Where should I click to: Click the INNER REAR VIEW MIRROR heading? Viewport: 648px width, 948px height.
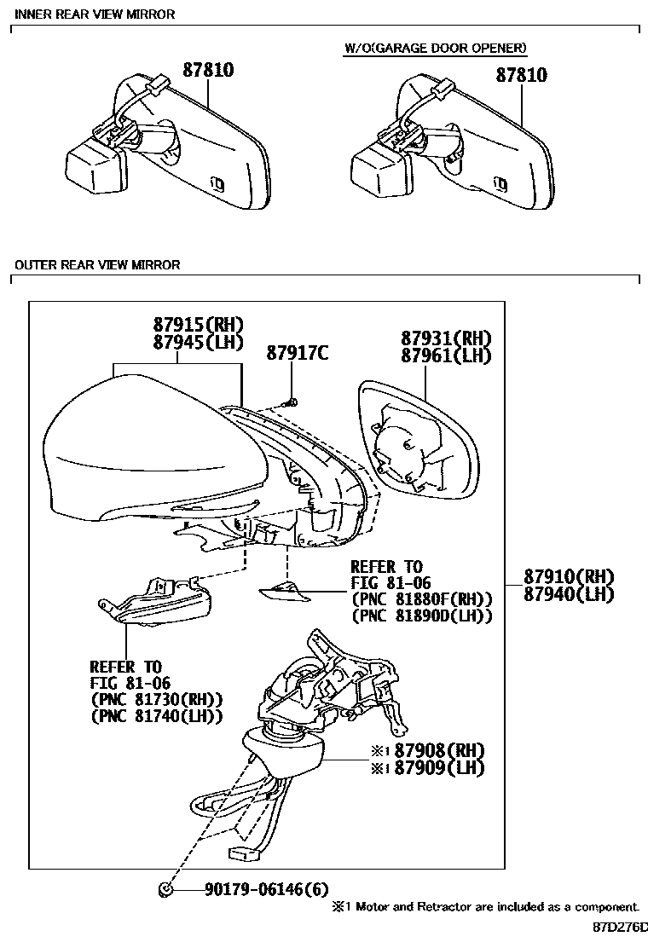point(95,14)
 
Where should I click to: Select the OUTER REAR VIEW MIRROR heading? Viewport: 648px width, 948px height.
point(97,265)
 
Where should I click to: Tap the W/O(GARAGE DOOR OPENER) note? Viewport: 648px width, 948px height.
point(435,49)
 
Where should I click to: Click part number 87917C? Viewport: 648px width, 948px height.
point(297,352)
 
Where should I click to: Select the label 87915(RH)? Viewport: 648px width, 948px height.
point(199,325)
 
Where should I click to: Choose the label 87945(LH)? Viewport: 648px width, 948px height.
point(199,343)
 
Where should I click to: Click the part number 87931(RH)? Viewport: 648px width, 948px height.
point(447,338)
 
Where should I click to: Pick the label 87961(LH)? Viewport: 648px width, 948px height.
point(447,355)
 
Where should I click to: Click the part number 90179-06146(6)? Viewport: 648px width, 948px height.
point(266,890)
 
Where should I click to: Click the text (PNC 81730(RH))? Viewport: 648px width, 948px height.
point(156,699)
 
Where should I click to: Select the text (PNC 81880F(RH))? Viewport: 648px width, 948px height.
point(421,599)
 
